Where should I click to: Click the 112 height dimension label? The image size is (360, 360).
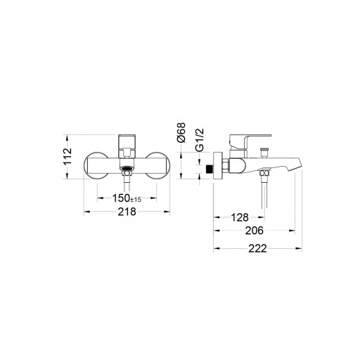click(67, 156)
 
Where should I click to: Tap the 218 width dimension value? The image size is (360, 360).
click(127, 212)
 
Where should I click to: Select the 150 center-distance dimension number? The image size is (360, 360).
click(121, 198)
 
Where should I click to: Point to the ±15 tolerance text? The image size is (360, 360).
click(136, 200)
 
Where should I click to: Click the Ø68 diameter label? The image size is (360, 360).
click(181, 132)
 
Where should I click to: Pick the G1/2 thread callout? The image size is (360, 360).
click(200, 140)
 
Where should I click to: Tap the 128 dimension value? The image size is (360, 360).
click(240, 217)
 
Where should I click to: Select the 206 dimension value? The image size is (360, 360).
click(255, 231)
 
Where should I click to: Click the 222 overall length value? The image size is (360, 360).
click(257, 248)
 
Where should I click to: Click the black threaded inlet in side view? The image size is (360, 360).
click(209, 169)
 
